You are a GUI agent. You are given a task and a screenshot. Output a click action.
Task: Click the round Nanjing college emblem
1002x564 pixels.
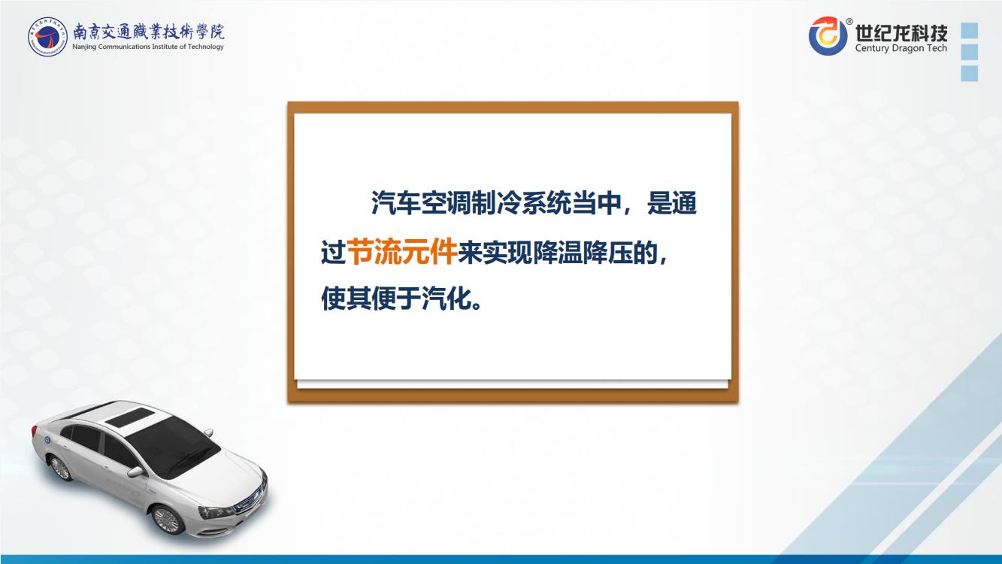coord(47,36)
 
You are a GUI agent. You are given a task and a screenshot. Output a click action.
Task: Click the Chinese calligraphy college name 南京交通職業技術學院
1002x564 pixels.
coord(149,32)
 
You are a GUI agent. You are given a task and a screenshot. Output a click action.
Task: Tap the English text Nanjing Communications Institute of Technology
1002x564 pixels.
coord(148,47)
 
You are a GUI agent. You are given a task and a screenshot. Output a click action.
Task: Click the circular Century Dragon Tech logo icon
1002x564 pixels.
coord(828,36)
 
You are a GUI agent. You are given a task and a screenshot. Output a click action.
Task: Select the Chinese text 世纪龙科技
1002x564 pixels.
coord(901,32)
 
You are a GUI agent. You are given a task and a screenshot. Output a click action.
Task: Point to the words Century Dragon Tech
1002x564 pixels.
coord(901,48)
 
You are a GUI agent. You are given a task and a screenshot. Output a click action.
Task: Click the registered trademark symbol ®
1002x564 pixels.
coord(849,21)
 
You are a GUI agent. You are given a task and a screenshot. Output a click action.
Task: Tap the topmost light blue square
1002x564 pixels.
coord(970,31)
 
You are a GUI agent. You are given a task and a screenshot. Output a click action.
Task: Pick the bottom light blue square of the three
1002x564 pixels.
coord(970,74)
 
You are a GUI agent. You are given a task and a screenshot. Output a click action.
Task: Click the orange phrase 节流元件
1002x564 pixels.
coord(401,252)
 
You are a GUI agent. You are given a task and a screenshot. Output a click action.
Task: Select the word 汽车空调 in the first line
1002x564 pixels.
coord(421,204)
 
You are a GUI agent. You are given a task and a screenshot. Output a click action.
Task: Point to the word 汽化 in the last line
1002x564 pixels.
coord(447,298)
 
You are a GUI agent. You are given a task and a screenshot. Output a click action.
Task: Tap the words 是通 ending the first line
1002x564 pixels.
coord(671,204)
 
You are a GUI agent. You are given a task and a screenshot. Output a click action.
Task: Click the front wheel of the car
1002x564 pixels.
coord(168,519)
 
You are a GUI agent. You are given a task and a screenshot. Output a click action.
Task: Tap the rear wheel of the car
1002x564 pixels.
coord(60,468)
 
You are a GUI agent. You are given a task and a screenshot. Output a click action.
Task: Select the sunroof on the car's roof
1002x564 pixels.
coord(128,417)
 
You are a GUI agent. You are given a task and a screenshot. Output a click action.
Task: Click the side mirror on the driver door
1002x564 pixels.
coord(135,472)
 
